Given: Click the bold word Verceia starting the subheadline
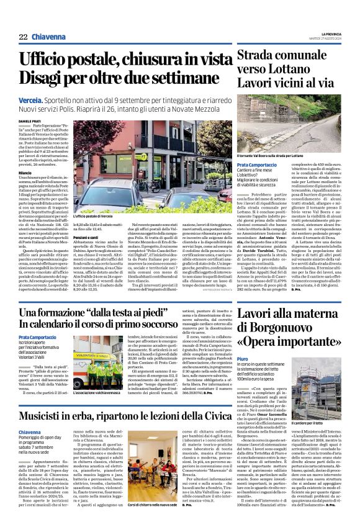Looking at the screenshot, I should pyautogui.click(x=33, y=99).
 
